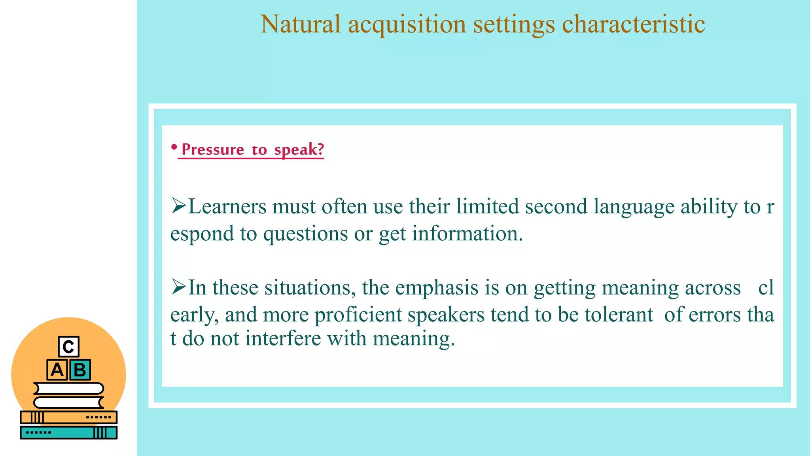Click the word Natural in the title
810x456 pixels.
(x=300, y=25)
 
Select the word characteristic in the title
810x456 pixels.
(x=633, y=25)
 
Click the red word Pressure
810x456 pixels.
(x=213, y=150)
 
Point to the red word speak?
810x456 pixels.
(x=299, y=150)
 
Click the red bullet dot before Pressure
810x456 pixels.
(x=174, y=147)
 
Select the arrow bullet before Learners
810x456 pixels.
(x=178, y=206)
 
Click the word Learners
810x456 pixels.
(x=227, y=207)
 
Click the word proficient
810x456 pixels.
(x=358, y=315)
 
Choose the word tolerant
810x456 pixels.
(x=619, y=315)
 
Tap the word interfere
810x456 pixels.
(x=283, y=339)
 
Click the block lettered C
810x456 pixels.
(x=68, y=347)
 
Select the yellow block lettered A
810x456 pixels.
(x=57, y=370)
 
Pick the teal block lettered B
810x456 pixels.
(x=80, y=370)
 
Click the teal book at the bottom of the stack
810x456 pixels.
(x=68, y=433)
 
